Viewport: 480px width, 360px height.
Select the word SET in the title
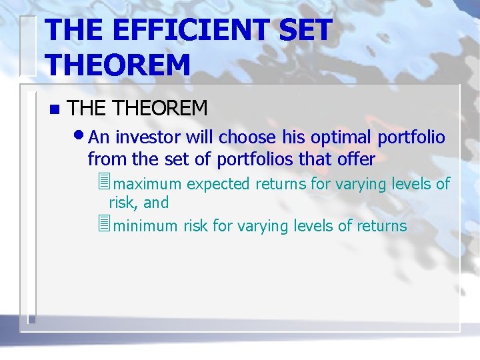click(304, 31)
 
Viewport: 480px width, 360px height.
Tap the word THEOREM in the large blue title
click(118, 65)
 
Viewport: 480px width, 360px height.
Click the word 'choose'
click(247, 137)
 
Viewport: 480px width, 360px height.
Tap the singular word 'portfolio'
click(411, 137)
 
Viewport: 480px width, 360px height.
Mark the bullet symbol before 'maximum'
click(102, 182)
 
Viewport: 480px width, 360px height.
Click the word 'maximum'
click(148, 183)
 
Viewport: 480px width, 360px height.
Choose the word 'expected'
click(218, 183)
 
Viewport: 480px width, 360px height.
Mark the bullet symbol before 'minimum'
click(102, 225)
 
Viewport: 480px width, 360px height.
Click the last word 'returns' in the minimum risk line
click(381, 226)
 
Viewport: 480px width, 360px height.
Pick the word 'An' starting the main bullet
click(99, 137)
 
